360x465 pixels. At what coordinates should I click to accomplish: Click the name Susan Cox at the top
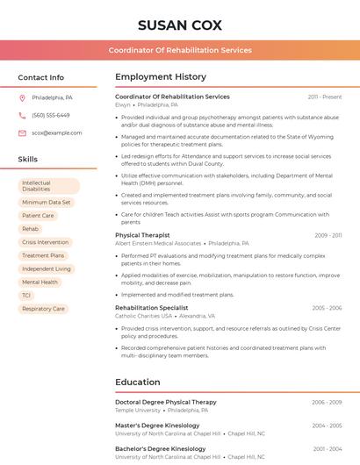click(x=180, y=25)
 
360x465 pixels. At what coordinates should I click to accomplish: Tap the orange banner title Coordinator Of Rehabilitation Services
click(x=180, y=50)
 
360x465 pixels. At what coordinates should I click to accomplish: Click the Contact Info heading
click(x=41, y=77)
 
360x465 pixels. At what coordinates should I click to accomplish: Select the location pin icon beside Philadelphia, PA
click(x=22, y=97)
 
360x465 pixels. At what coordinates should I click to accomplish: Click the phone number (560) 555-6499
click(x=50, y=115)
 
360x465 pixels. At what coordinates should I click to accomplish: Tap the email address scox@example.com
click(x=56, y=132)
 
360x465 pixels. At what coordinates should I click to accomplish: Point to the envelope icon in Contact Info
click(x=22, y=132)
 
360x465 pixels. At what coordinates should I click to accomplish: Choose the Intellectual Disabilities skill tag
click(x=48, y=186)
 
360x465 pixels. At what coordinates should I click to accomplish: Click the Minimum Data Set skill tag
click(x=47, y=202)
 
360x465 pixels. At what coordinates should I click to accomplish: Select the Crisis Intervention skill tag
click(x=45, y=242)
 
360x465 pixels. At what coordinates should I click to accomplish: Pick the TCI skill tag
click(x=26, y=296)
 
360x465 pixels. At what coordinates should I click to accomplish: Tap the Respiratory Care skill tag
click(x=43, y=309)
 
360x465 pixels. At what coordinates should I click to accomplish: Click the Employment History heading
click(x=161, y=77)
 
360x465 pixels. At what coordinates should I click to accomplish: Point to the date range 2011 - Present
click(x=325, y=97)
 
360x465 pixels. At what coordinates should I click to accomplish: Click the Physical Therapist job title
click(x=142, y=235)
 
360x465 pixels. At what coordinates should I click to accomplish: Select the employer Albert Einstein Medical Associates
click(x=158, y=243)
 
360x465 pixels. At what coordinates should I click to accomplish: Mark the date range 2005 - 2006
click(x=327, y=308)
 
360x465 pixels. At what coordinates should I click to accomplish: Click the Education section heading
click(x=137, y=383)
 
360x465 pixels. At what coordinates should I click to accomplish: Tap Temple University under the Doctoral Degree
click(x=138, y=410)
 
